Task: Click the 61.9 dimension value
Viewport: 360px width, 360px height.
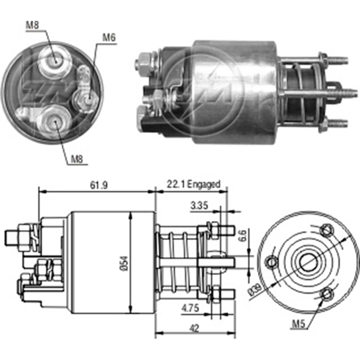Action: click(x=99, y=185)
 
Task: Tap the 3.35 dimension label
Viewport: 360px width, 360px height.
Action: click(x=199, y=206)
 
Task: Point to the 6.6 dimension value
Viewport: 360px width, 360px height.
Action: click(x=244, y=236)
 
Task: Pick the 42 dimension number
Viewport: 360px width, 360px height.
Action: click(x=194, y=328)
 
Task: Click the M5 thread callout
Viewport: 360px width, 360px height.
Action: click(x=298, y=324)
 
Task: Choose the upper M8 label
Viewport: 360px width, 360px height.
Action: click(x=32, y=25)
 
